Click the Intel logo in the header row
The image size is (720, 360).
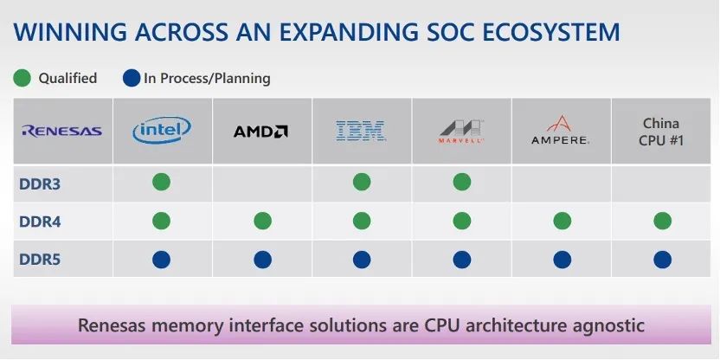[x=162, y=130]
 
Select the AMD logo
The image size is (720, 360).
[x=260, y=132]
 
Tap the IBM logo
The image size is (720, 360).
[x=361, y=131]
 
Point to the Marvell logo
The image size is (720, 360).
[x=460, y=132]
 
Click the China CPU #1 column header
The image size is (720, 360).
[x=661, y=132]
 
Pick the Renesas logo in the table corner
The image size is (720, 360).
[x=62, y=132]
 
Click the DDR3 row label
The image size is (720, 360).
[x=40, y=184]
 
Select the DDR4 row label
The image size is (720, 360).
[x=40, y=222]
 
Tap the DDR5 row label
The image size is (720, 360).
[x=40, y=260]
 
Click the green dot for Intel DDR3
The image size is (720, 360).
[x=162, y=182]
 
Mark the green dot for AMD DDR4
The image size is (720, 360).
[x=263, y=221]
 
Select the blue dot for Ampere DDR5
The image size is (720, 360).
[x=562, y=260]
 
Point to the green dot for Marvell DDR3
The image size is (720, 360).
[x=462, y=182]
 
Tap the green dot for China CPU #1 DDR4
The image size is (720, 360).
[x=663, y=221]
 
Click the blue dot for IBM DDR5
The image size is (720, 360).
[x=362, y=260]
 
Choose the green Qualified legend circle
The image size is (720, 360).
[x=22, y=78]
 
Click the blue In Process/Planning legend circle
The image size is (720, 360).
[x=132, y=78]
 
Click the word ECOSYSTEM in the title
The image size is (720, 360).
[x=524, y=32]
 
